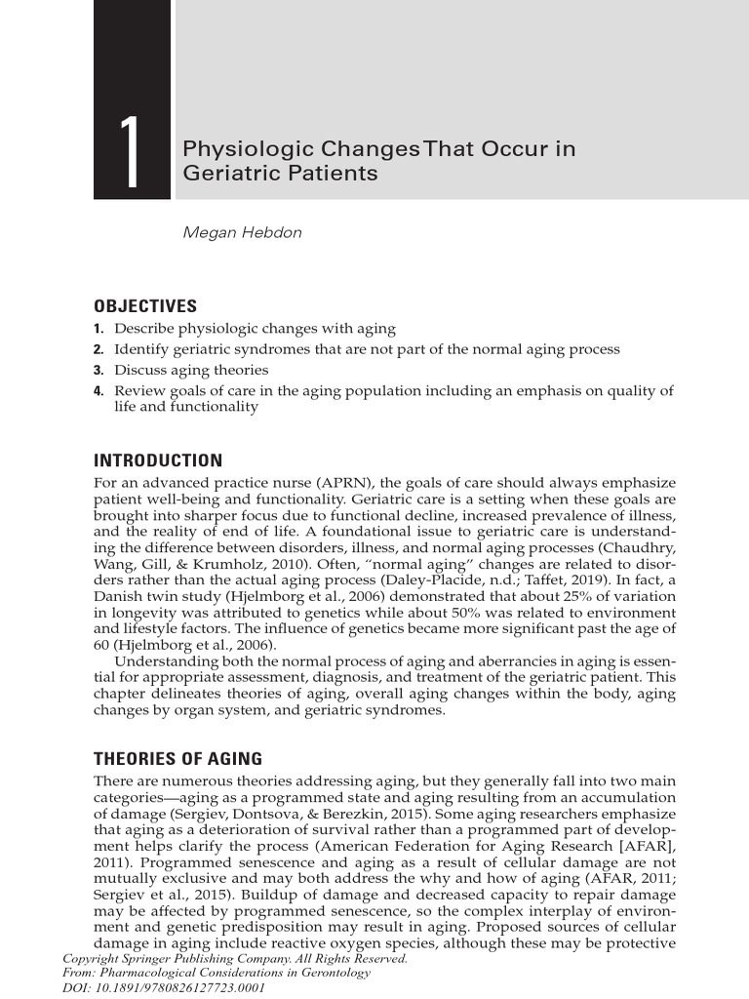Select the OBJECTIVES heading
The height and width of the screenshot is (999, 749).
(144, 306)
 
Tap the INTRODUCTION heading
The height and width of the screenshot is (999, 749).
(158, 460)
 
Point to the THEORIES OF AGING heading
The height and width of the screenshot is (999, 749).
(177, 758)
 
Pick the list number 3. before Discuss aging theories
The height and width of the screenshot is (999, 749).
(99, 371)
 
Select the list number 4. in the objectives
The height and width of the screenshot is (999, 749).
(99, 391)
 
